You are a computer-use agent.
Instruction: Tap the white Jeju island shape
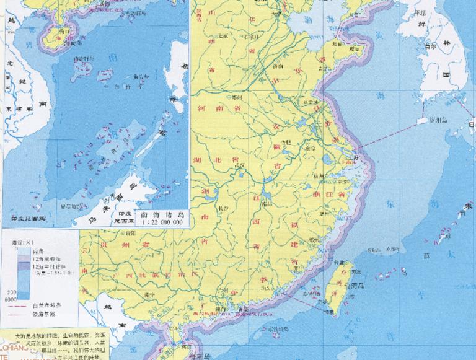coord(422,121)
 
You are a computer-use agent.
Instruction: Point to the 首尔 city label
coord(428,46)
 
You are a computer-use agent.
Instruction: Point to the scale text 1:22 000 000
coord(163,221)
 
